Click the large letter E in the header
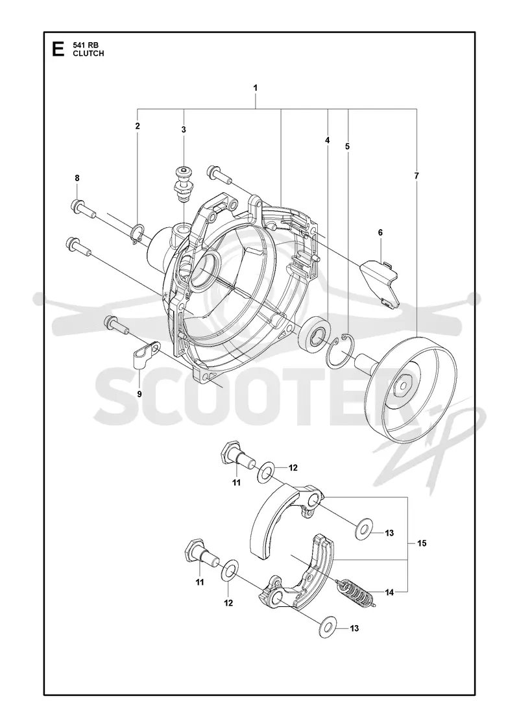tap(58, 49)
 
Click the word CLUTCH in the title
tap(88, 53)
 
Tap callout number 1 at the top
tap(256, 88)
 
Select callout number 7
tap(416, 176)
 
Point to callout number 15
tap(422, 543)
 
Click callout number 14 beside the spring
tap(389, 592)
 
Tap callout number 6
tap(380, 233)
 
